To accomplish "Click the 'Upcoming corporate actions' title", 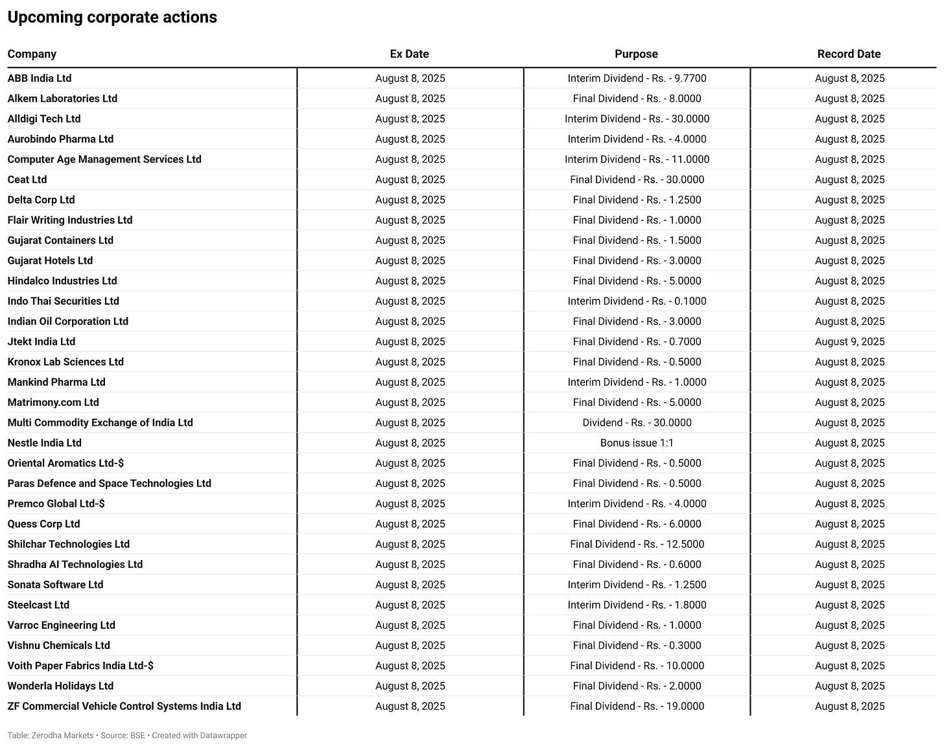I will point(112,18).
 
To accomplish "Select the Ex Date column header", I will point(409,54).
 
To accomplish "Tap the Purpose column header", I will point(636,54).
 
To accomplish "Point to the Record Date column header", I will point(849,54).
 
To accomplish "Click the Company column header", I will point(32,54).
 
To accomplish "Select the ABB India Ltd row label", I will point(40,78).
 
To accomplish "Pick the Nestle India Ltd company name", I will point(45,443).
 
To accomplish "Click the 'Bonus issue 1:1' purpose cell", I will point(637,443).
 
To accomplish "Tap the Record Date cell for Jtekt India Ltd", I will point(849,342).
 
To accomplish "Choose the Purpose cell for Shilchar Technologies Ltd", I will point(637,544).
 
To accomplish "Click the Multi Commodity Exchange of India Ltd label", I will point(100,423).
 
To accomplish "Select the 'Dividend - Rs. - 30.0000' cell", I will point(637,423).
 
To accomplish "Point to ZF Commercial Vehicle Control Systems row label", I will point(124,707).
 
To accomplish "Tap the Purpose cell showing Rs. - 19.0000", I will point(637,707).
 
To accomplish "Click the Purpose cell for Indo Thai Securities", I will point(637,301).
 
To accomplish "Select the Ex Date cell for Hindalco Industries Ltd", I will point(410,281).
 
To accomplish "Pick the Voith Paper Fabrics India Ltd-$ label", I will point(80,666).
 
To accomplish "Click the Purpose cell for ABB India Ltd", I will point(637,78).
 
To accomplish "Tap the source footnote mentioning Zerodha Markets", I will point(127,736).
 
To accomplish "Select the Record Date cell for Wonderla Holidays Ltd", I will point(849,686).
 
